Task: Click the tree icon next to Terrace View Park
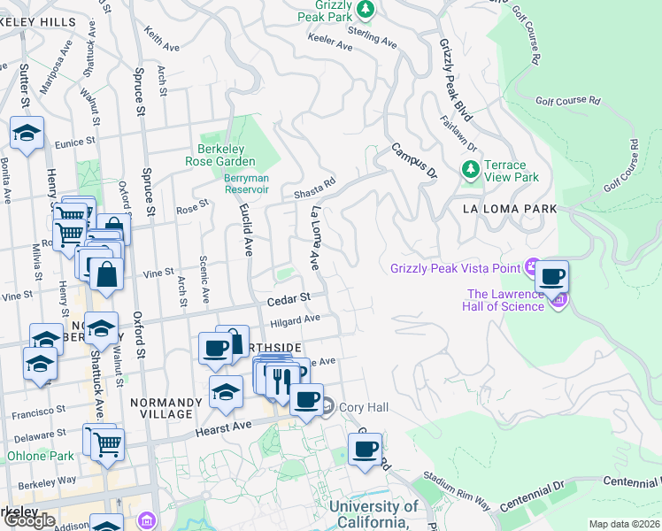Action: pos(470,168)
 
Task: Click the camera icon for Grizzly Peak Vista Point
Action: pos(532,265)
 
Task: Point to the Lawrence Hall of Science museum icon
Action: pos(558,302)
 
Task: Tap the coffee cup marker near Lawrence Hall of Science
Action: pos(552,277)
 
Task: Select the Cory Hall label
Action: pos(358,407)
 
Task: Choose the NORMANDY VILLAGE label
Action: pos(161,408)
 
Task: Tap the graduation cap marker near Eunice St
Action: pos(27,134)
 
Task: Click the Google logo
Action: pos(28,520)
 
